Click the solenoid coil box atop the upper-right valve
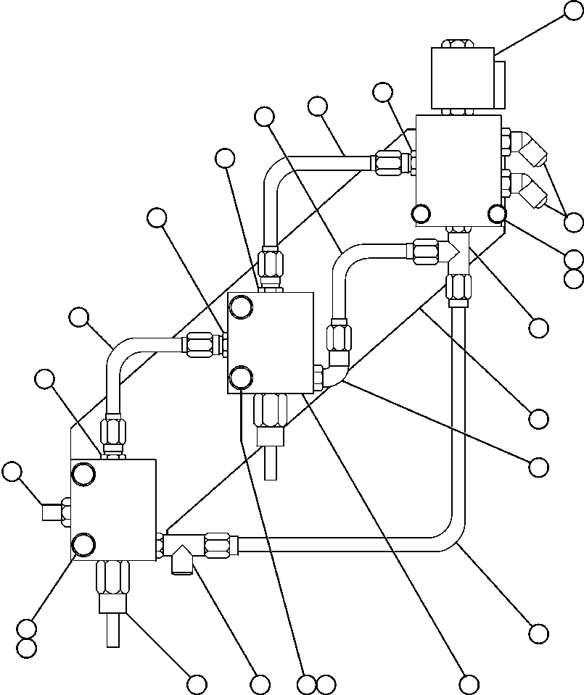pyautogui.click(x=461, y=78)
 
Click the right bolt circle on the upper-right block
pyautogui.click(x=496, y=213)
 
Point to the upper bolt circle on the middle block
pyautogui.click(x=240, y=309)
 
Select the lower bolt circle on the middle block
pyautogui.click(x=240, y=377)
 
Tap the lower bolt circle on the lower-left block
pyautogui.click(x=83, y=544)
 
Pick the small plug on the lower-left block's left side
pyautogui.click(x=53, y=512)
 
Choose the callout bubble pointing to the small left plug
pyautogui.click(x=12, y=472)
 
